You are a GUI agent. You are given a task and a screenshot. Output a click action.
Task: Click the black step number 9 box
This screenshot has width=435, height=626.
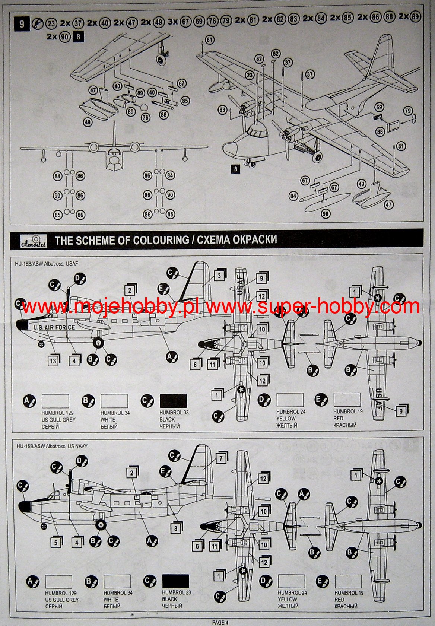(x=22, y=24)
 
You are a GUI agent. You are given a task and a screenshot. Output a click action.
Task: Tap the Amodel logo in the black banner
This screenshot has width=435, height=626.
(x=34, y=241)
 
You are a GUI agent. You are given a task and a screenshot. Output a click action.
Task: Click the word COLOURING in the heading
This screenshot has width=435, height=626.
(x=161, y=240)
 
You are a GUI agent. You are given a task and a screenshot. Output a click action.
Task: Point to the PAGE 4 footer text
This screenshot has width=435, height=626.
(x=220, y=622)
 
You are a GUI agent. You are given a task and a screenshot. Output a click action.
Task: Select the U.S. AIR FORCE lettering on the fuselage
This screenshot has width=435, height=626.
(x=54, y=327)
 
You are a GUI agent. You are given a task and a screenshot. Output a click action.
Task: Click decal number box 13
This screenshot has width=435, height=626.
(x=53, y=360)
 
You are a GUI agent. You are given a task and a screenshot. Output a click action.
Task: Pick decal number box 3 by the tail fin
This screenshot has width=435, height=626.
(x=219, y=276)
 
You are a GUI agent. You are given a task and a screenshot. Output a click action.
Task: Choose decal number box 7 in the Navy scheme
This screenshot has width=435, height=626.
(x=221, y=458)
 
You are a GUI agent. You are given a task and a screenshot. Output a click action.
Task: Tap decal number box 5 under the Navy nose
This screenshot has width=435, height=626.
(x=56, y=542)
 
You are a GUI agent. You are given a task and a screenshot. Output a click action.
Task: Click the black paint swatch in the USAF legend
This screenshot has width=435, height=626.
(x=173, y=401)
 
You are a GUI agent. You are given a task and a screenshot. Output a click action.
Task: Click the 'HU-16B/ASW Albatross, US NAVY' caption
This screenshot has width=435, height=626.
(x=52, y=446)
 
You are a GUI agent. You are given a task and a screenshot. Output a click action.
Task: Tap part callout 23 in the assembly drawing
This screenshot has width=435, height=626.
(x=250, y=75)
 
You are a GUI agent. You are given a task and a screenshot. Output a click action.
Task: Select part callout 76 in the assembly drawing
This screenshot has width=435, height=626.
(x=146, y=118)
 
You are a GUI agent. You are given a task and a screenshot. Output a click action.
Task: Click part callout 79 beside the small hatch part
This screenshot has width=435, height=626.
(x=408, y=111)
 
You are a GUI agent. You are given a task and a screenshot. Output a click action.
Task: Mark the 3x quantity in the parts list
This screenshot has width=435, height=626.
(x=172, y=22)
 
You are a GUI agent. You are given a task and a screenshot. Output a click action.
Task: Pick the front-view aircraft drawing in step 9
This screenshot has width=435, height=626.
(x=114, y=153)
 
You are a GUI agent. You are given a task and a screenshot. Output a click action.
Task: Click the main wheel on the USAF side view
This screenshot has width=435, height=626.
(x=98, y=343)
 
